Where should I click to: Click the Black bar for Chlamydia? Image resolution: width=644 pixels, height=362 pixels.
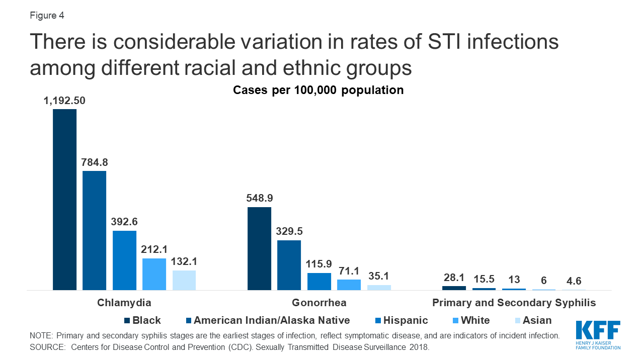pos(64,200)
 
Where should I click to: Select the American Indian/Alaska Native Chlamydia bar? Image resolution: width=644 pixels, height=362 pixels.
pos(94,230)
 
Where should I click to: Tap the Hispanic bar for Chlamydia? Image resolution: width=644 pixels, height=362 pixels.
pos(124,260)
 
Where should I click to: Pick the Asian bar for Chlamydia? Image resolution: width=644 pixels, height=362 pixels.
pos(184,280)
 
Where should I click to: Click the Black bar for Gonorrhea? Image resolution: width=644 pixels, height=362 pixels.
pos(260,248)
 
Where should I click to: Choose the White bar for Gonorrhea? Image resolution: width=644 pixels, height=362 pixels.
pos(349,285)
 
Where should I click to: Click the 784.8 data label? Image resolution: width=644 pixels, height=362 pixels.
pos(94,162)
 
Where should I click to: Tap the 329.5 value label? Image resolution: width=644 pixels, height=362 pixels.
pos(289,232)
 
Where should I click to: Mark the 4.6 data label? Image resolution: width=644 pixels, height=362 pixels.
pos(574,281)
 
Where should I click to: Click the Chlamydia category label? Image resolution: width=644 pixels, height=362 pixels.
pos(124,303)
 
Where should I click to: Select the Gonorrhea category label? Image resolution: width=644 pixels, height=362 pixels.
pos(318,303)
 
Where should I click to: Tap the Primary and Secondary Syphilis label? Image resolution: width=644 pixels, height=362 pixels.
pos(514,303)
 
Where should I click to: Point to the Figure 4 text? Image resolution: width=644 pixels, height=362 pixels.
pos(47,16)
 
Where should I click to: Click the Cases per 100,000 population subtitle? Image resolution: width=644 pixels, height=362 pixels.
pos(318,90)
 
